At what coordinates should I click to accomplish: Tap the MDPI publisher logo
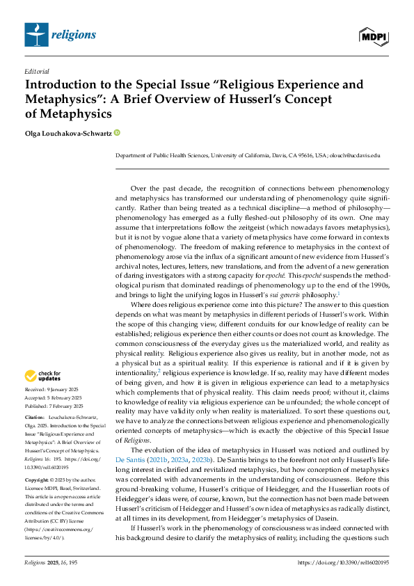tap(373, 35)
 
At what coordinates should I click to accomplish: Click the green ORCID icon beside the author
tap(117, 132)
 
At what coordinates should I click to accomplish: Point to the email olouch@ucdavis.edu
tap(356, 157)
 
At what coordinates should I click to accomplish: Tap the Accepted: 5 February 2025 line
tap(54, 397)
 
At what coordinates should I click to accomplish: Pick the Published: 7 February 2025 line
tap(54, 406)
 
